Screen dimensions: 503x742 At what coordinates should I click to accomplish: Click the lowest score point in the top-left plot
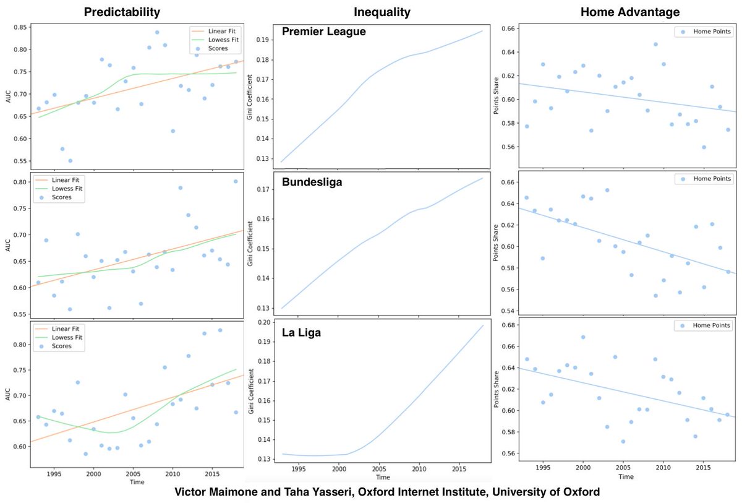[70, 160]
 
